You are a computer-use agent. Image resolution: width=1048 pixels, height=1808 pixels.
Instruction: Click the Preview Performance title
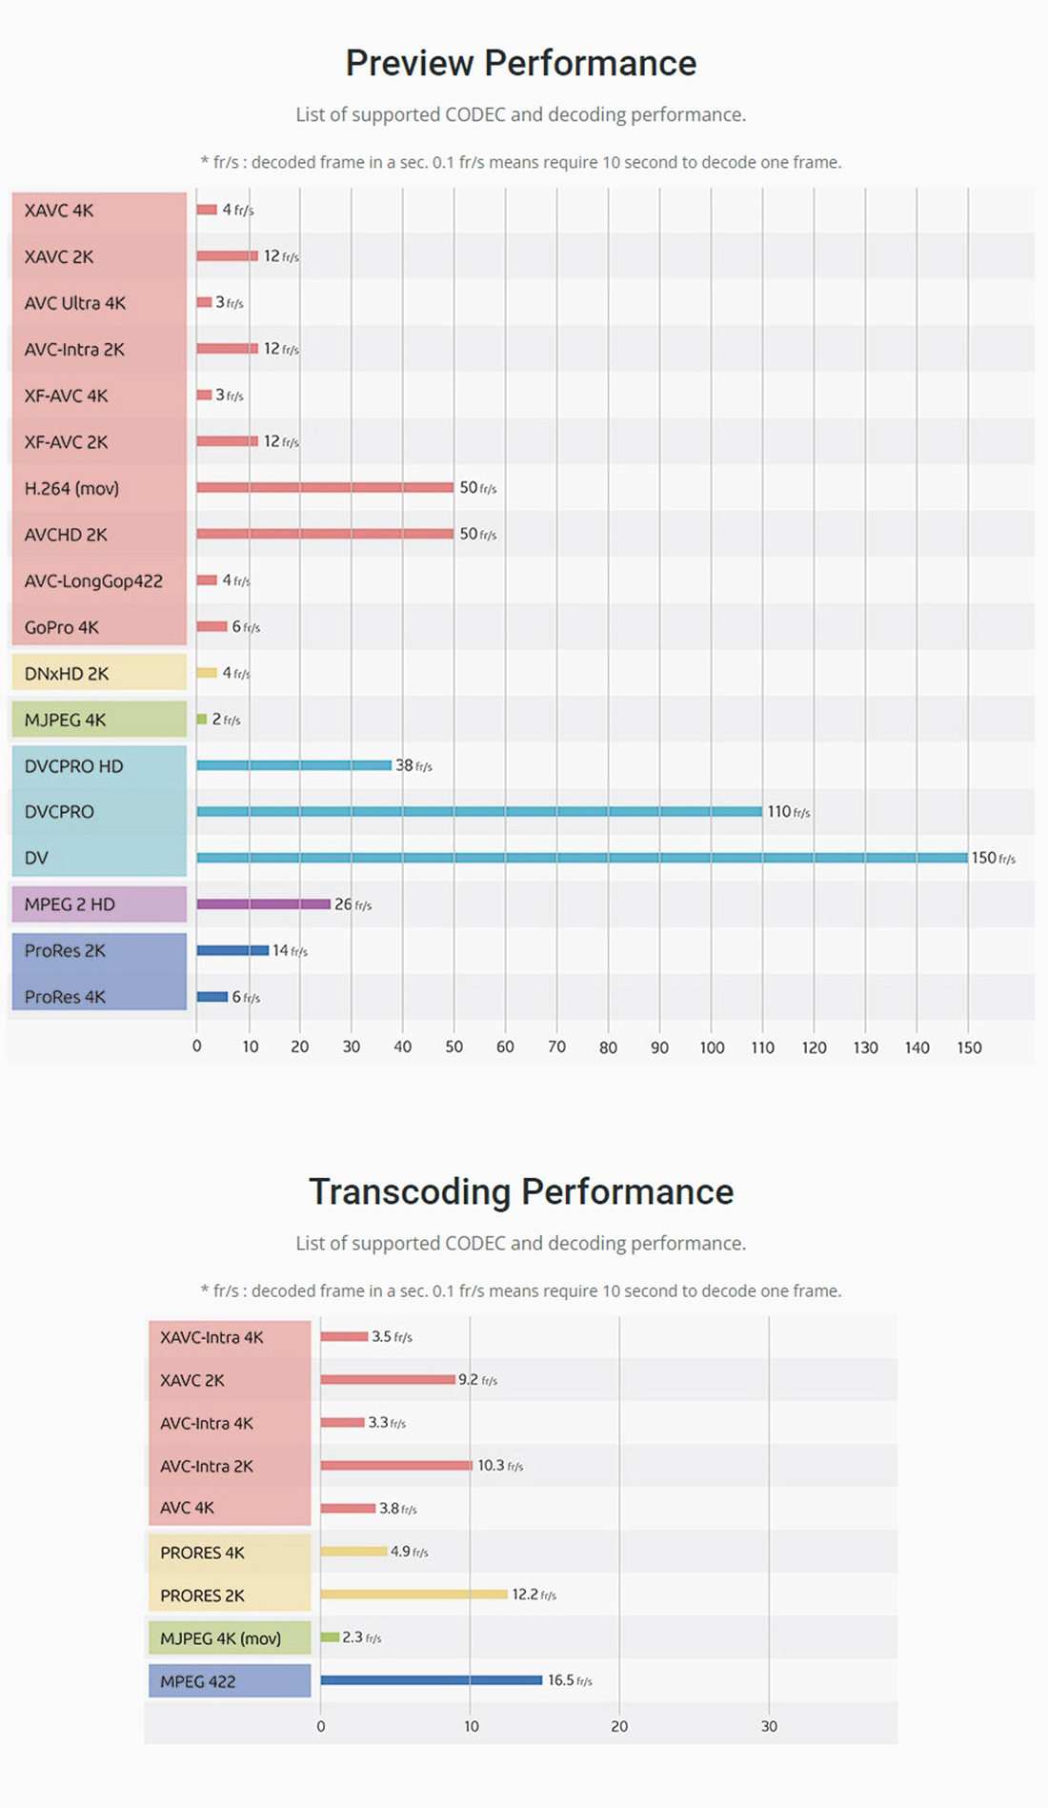[520, 64]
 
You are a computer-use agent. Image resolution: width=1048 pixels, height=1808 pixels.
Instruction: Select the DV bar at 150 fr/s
[581, 858]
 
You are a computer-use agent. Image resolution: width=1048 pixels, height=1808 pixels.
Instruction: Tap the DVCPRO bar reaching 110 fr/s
[479, 812]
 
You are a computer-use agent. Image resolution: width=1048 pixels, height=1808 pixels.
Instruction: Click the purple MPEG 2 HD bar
[263, 904]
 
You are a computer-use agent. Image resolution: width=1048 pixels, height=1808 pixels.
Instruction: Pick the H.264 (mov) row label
[71, 489]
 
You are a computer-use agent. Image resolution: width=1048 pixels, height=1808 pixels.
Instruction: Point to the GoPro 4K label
[62, 628]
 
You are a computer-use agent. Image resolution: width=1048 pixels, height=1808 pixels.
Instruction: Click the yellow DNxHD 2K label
[67, 674]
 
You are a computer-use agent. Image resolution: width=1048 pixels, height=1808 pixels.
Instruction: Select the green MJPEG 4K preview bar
[202, 720]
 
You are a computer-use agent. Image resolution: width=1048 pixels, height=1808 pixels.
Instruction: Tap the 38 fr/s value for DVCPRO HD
[413, 766]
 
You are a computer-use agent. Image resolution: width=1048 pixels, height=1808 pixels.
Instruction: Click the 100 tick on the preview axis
[712, 1047]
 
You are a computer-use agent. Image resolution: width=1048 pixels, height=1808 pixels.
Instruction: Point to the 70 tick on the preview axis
[556, 1047]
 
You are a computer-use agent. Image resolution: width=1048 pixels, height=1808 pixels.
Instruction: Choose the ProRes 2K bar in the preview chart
[232, 950]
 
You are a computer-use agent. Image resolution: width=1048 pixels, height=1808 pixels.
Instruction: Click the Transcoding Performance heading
[520, 1192]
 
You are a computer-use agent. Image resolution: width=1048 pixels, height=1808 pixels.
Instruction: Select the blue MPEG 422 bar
[431, 1680]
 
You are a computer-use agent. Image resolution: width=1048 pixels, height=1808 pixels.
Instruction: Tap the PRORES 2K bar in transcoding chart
[413, 1595]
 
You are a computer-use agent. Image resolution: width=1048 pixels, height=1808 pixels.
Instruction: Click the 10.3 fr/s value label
[499, 1466]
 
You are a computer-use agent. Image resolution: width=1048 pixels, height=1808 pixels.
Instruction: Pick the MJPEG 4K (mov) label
[220, 1639]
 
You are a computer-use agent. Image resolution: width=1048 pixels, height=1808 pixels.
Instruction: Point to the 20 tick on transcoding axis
[619, 1727]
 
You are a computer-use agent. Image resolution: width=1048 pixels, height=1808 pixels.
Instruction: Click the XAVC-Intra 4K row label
[212, 1338]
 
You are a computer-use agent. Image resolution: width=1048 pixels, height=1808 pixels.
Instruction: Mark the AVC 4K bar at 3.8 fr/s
[348, 1509]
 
